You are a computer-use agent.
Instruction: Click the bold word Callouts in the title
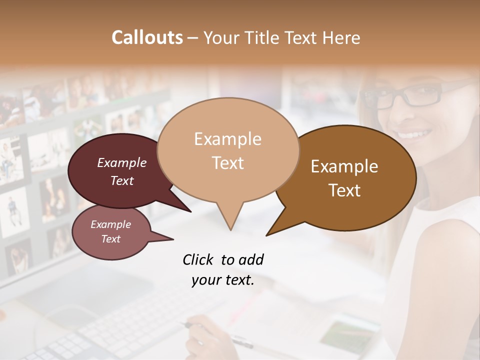[x=147, y=37]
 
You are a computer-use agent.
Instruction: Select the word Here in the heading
[x=341, y=37]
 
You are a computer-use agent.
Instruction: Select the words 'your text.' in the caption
[x=222, y=280]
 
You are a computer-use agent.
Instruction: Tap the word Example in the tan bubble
[x=227, y=139]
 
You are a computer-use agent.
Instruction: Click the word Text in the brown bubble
[x=344, y=190]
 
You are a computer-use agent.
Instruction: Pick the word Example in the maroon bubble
[x=122, y=162]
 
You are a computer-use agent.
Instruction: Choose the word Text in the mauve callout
[x=110, y=239]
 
